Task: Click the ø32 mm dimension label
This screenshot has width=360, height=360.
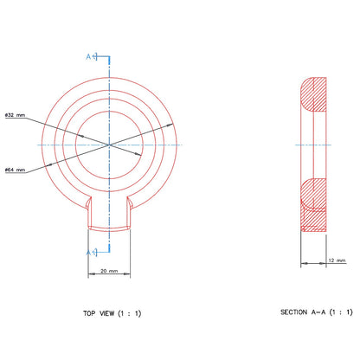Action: point(16,115)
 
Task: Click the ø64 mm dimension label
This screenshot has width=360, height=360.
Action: point(16,170)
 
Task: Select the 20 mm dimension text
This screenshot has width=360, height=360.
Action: point(109,271)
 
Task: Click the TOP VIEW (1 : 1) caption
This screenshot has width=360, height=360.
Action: point(112,313)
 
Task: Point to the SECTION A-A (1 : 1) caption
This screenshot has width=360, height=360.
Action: point(317,312)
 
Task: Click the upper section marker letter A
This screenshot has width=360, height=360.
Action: point(88,56)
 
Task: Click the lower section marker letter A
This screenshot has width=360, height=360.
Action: point(88,253)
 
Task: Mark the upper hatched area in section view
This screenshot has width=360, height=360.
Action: point(313,94)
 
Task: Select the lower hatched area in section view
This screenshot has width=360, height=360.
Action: point(313,205)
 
